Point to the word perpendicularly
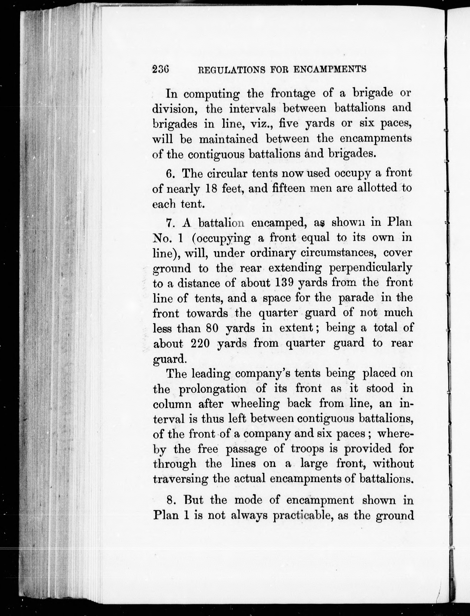(370, 268)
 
